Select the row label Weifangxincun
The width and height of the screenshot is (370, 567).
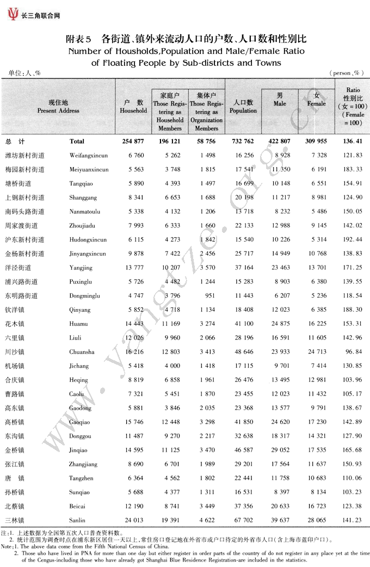pos(89,156)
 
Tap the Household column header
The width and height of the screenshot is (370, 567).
pos(133,107)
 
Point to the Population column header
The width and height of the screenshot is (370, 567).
pos(243,107)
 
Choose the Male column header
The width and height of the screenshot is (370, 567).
pos(280,100)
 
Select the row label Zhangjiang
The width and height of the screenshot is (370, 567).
pos(83,464)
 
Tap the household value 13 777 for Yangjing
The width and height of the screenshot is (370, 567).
pos(133,268)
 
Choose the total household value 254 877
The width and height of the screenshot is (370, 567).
pos(133,141)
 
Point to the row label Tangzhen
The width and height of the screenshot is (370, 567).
pos(81,478)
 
